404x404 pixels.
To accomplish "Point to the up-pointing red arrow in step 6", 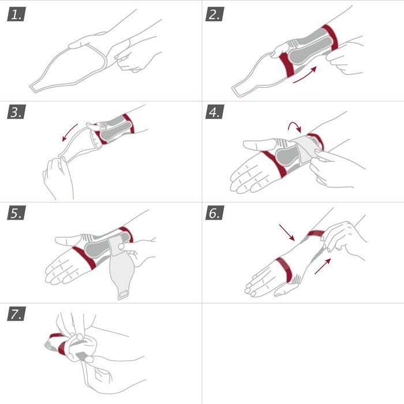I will point(324,265).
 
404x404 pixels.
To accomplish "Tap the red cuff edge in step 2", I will point(331,38).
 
